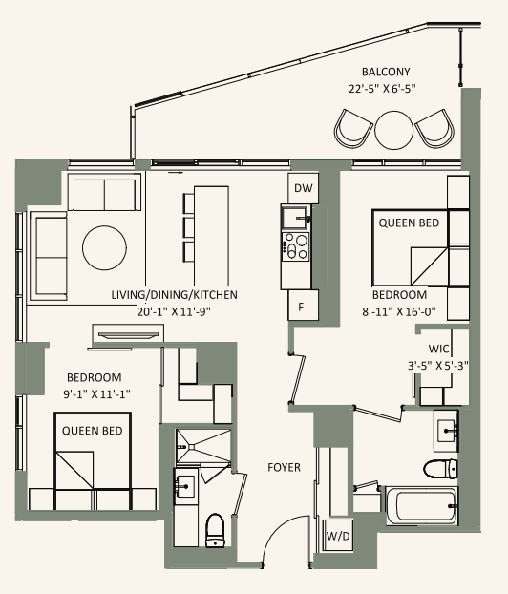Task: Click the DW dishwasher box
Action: (x=303, y=188)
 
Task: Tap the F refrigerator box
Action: (x=303, y=306)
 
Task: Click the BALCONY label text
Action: (x=387, y=73)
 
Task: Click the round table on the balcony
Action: (x=393, y=128)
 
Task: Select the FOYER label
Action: (x=285, y=468)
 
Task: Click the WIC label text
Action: (x=440, y=349)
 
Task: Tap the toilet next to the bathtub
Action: (x=440, y=468)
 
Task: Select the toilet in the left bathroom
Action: (x=215, y=530)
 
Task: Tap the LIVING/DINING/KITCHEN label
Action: (x=174, y=295)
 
